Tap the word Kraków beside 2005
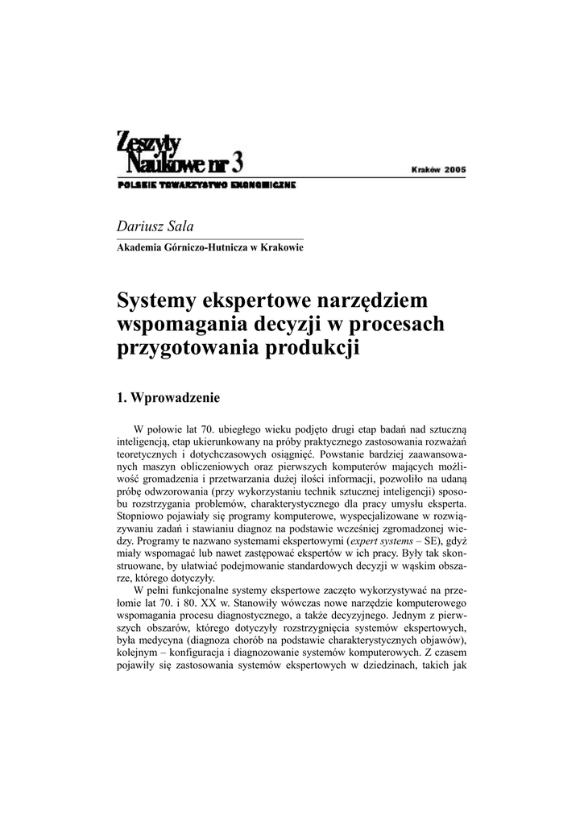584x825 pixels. tap(425, 170)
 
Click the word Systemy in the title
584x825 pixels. tap(157, 301)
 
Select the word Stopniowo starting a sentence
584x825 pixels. tap(142, 513)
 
